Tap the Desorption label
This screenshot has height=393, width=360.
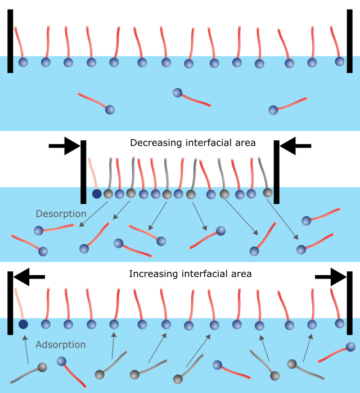(61, 214)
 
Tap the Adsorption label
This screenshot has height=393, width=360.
(60, 345)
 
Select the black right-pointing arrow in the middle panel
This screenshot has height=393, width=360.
(64, 146)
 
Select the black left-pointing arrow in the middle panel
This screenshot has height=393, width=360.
(295, 146)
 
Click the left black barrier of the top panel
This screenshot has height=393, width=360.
(10, 41)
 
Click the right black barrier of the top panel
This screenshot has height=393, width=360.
(350, 41)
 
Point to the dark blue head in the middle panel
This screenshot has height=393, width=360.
(97, 194)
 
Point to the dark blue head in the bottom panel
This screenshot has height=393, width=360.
(23, 325)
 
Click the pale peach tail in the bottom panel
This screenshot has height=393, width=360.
(19, 303)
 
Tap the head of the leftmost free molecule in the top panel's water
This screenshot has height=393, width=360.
(110, 109)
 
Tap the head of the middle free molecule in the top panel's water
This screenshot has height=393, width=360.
(177, 93)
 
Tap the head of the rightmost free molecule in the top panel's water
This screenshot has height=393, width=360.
(273, 110)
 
